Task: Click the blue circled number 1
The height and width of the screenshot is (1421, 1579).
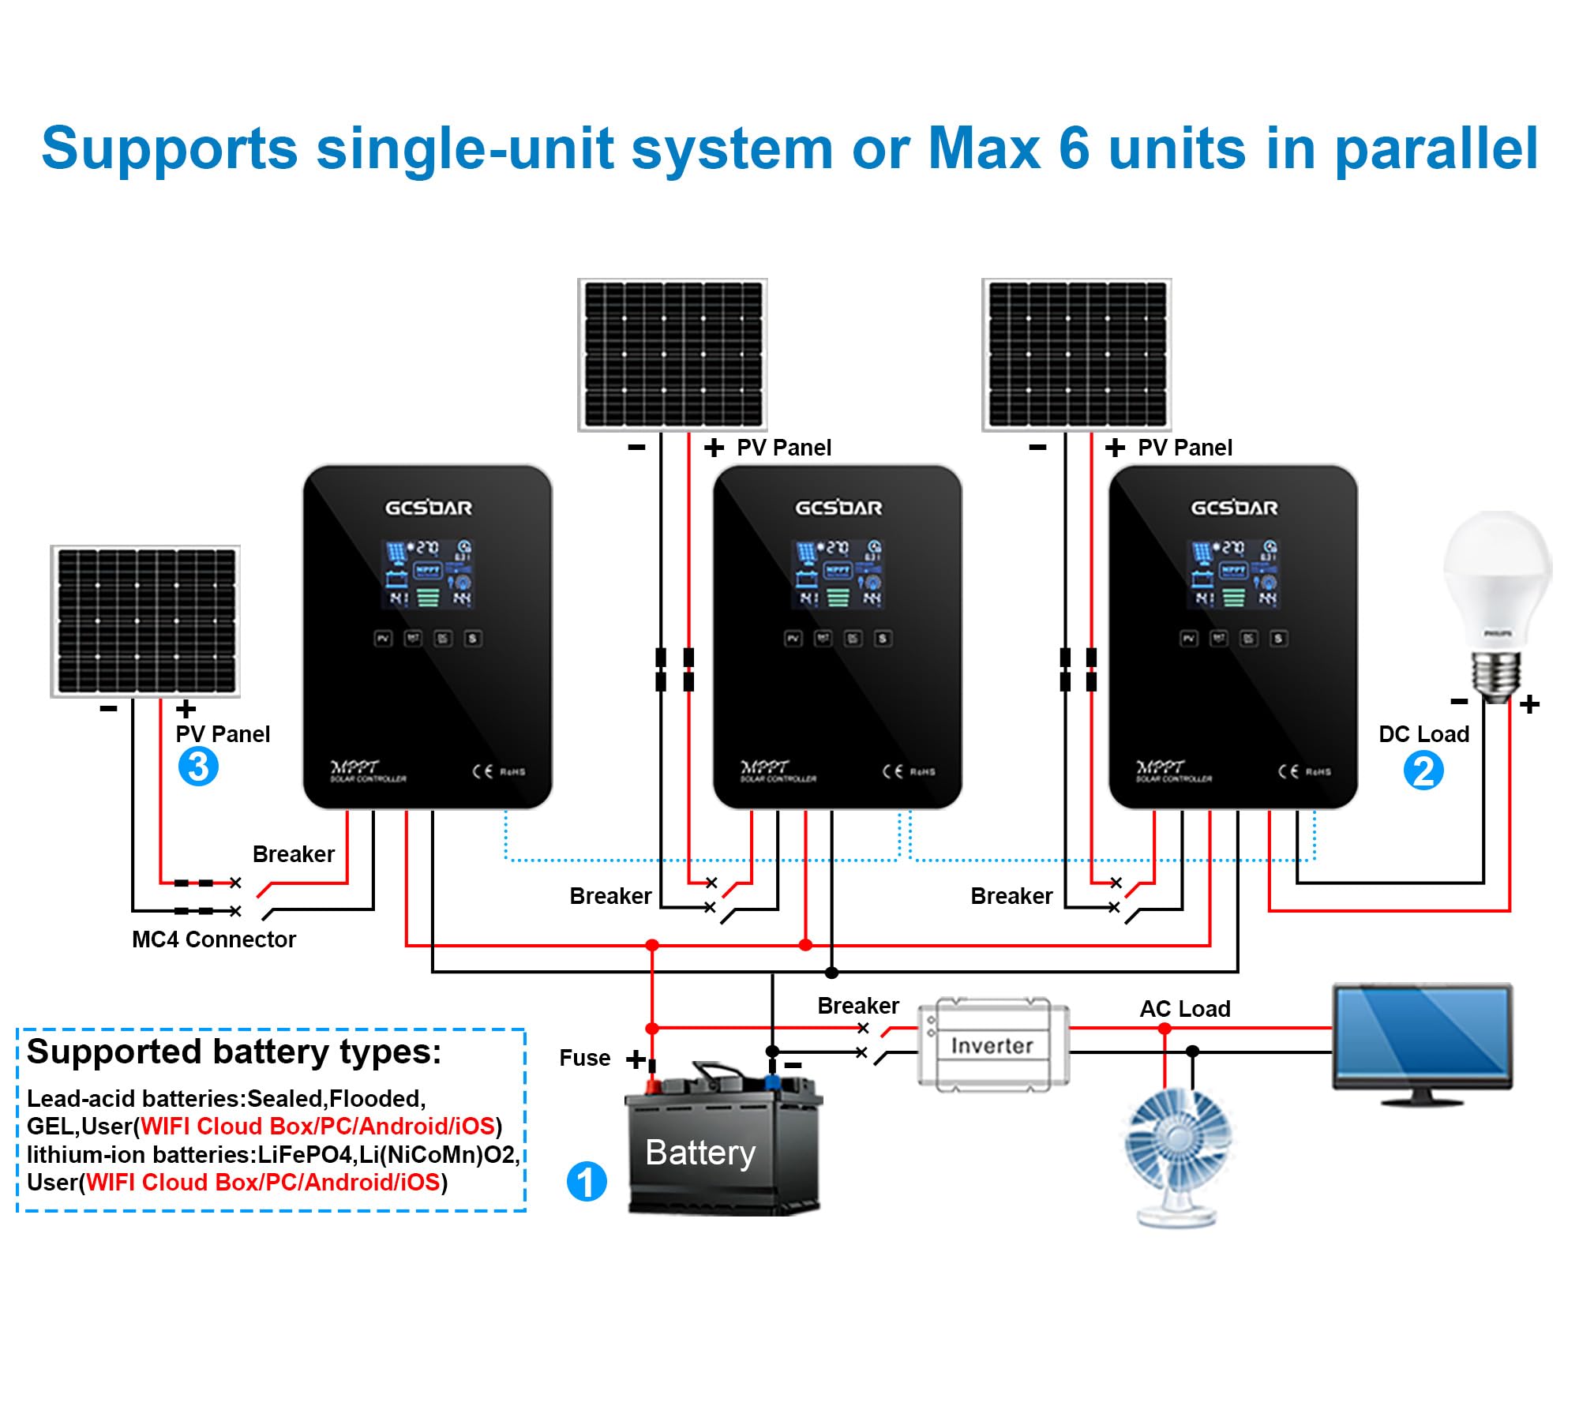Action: click(x=587, y=1182)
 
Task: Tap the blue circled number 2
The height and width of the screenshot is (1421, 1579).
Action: click(x=1423, y=771)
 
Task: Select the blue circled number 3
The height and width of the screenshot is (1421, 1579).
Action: click(x=198, y=767)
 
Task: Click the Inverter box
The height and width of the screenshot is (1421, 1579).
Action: click(x=992, y=1045)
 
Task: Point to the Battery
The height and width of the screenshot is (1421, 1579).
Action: click(x=722, y=1149)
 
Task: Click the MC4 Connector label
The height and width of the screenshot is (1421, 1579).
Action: click(x=213, y=939)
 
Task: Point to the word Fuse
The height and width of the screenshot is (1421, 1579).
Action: click(x=584, y=1058)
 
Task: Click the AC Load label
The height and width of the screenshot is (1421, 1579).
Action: click(x=1184, y=1008)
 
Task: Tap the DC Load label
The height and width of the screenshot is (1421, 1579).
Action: click(x=1423, y=734)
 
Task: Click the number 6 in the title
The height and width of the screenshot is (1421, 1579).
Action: click(x=1074, y=148)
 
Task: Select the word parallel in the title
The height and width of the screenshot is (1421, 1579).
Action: click(x=1436, y=149)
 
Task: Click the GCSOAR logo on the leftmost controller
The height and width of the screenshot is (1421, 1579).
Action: click(x=428, y=508)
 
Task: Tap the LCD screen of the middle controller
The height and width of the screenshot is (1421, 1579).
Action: click(x=838, y=574)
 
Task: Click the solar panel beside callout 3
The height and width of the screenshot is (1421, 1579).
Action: click(x=145, y=621)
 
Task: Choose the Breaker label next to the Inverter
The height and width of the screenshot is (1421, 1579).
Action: click(x=858, y=1006)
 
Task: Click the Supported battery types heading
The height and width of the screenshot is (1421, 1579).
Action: click(x=234, y=1052)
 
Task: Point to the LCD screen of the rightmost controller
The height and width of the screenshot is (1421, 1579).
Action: click(x=1233, y=574)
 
